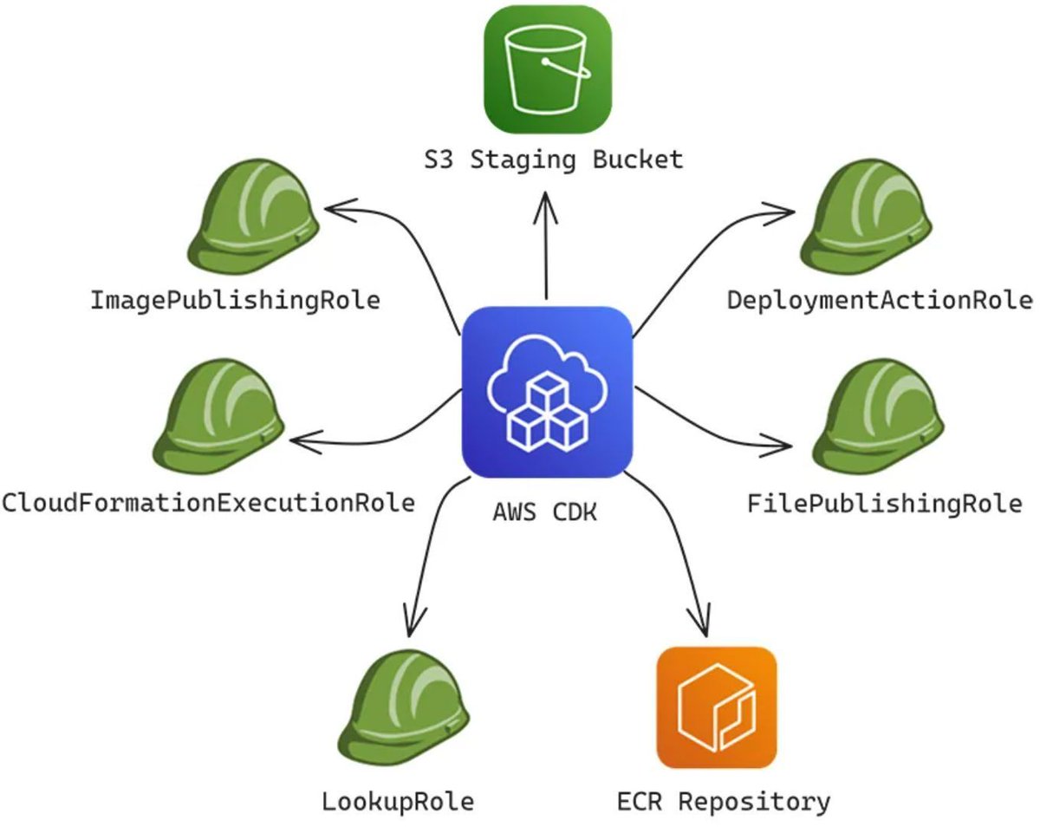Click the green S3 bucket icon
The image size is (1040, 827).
(547, 68)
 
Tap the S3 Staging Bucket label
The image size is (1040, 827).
(547, 160)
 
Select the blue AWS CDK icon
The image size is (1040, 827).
(547, 392)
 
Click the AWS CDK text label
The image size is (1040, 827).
(545, 512)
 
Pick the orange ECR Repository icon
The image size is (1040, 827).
(717, 707)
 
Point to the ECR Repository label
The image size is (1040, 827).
(724, 802)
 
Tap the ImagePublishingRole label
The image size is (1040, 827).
(236, 301)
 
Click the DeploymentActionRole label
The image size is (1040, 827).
(879, 301)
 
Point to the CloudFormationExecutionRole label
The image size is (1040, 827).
(208, 502)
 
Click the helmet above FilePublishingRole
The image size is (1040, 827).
(877, 417)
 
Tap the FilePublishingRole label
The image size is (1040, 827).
(884, 504)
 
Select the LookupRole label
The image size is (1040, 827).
(398, 802)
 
